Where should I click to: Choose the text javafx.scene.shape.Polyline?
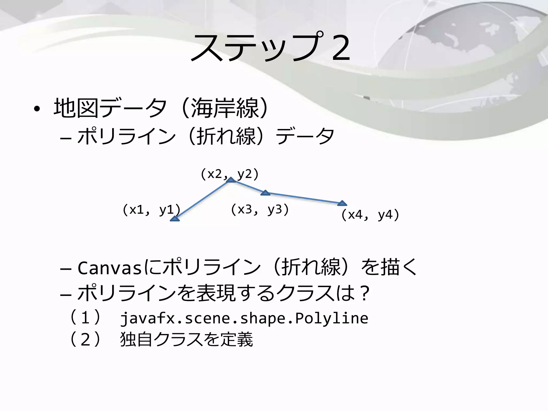[x=244, y=318]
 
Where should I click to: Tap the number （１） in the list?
[x=85, y=318]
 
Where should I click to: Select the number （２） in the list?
[x=85, y=340]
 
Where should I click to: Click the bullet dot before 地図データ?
[x=37, y=109]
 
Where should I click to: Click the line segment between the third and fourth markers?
[x=304, y=198]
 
